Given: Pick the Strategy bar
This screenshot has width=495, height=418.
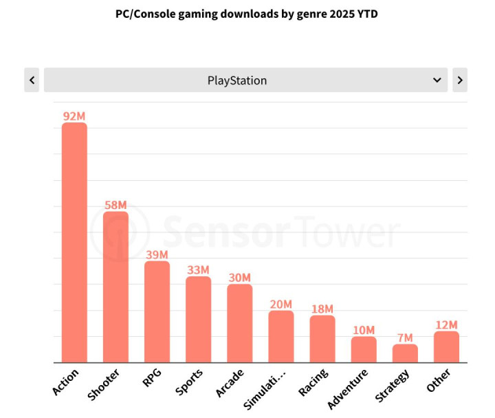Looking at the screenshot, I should click(405, 353).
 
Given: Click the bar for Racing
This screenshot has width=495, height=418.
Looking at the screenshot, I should click(322, 339).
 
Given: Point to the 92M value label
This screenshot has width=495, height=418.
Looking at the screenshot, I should click(74, 116).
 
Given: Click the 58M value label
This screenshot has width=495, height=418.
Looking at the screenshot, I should click(115, 205).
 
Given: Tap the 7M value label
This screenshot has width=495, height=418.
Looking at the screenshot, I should click(405, 338).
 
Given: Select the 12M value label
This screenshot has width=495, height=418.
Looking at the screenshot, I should click(446, 324).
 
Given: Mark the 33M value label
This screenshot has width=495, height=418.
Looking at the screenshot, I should click(198, 270).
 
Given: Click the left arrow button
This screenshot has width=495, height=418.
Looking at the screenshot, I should click(32, 80).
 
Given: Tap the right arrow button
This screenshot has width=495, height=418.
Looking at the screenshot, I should click(460, 80).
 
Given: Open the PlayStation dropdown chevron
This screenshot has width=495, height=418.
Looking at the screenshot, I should click(437, 80).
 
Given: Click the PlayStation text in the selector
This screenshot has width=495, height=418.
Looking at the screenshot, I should click(237, 80).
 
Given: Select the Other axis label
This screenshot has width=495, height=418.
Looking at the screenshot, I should click(439, 380).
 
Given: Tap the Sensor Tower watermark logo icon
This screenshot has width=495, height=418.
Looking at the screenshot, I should click(120, 230).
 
